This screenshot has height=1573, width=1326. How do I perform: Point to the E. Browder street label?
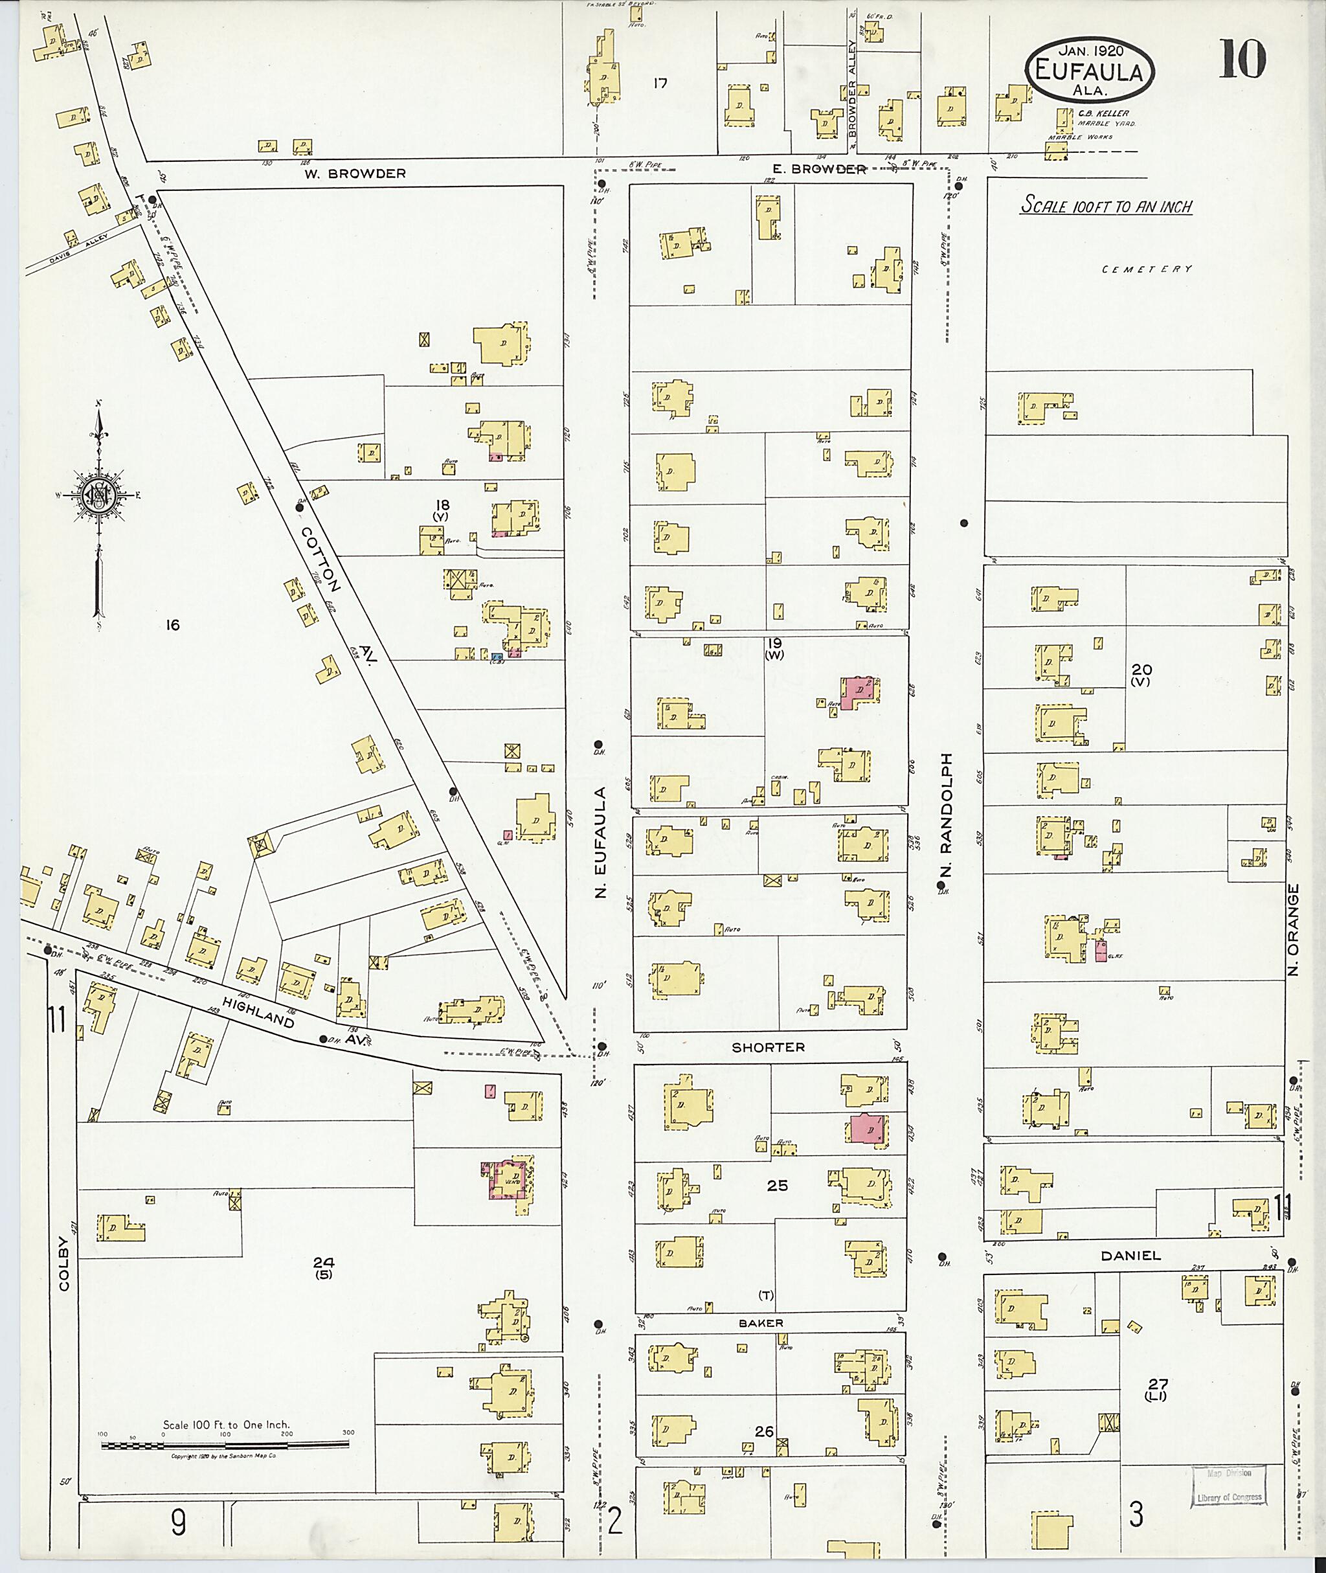[x=819, y=169]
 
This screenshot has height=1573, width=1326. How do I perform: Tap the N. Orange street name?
[x=1293, y=929]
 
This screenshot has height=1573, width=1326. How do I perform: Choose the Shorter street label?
[x=769, y=1047]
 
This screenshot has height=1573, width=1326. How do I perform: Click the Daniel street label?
[x=1130, y=1255]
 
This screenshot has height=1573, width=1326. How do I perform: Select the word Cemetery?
[x=1147, y=269]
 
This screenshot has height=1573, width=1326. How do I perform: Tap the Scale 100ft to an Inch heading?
[x=1105, y=205]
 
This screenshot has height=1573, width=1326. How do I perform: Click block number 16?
[x=173, y=625]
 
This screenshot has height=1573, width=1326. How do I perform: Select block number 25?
[x=776, y=1185]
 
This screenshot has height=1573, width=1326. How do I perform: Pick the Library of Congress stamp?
[x=1229, y=1485]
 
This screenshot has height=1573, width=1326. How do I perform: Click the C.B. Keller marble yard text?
[x=1103, y=118]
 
